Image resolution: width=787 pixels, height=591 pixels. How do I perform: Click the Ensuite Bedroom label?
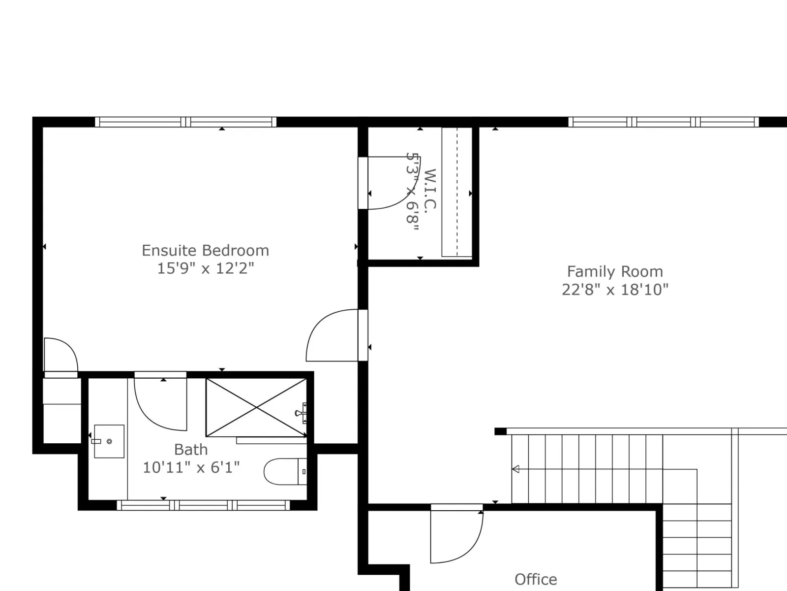coord(206,251)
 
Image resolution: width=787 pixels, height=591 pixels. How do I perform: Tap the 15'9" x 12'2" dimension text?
coord(206,268)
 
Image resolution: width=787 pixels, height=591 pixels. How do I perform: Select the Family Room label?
coord(615,272)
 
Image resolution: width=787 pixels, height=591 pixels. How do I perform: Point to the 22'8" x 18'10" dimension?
coord(615,290)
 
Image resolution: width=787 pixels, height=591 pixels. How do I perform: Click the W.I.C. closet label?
coord(430,191)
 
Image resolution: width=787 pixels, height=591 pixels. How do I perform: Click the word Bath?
coord(191,450)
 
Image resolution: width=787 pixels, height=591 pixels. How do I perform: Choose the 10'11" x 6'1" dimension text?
coord(191,467)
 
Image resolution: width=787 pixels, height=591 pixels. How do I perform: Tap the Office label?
coord(536,580)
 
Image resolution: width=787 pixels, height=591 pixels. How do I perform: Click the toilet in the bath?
coord(285,471)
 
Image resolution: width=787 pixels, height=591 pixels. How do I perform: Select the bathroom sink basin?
coord(109,441)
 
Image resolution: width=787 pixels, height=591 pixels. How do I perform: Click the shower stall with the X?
coord(256,408)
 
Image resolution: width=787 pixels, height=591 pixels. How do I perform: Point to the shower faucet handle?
coord(302,413)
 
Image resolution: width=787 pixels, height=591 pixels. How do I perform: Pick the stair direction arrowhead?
coord(515,469)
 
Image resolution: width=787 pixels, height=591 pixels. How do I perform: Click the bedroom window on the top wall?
coord(186,122)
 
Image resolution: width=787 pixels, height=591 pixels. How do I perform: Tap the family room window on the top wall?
coord(664,122)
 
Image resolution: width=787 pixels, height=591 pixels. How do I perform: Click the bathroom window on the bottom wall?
coord(203,505)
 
